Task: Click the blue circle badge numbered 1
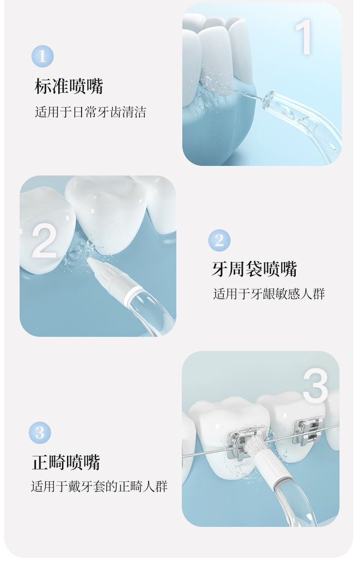point(42,56)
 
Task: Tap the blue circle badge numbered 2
point(219,240)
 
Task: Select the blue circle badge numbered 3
point(40,433)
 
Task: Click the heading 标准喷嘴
point(69,86)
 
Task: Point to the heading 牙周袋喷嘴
point(254,269)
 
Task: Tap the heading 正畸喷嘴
point(66,462)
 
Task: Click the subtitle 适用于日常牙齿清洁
point(90,112)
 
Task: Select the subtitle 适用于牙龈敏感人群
point(269,294)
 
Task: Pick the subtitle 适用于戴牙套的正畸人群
point(99,486)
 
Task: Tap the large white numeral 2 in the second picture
point(44,240)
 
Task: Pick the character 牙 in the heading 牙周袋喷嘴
point(220,269)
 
